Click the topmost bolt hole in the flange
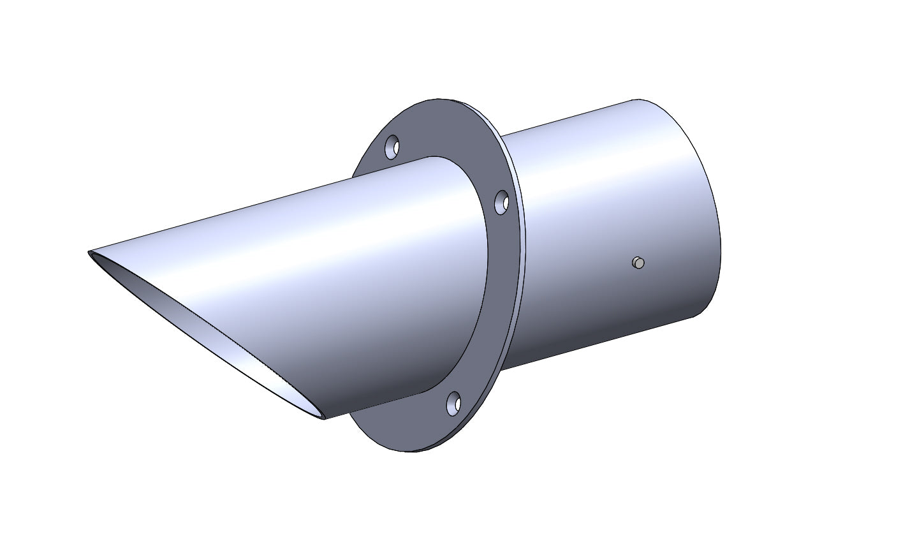[392, 147]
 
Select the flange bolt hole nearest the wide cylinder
[503, 202]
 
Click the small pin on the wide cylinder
[638, 263]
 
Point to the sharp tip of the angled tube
[89, 253]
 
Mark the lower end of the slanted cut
[324, 418]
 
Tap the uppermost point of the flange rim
[440, 99]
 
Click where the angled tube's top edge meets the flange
[434, 156]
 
